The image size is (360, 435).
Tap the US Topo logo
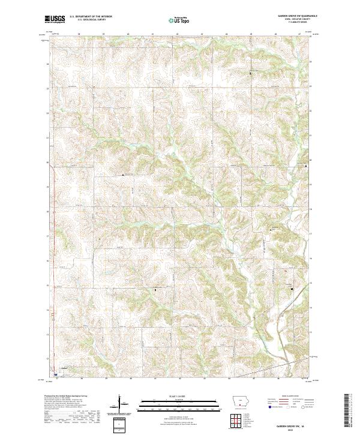pyautogui.click(x=179, y=20)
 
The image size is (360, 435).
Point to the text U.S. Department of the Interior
pyautogui.click(x=91, y=17)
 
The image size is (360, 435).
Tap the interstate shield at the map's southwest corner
pyautogui.click(x=55, y=373)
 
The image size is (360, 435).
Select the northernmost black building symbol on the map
pyautogui.click(x=250, y=73)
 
